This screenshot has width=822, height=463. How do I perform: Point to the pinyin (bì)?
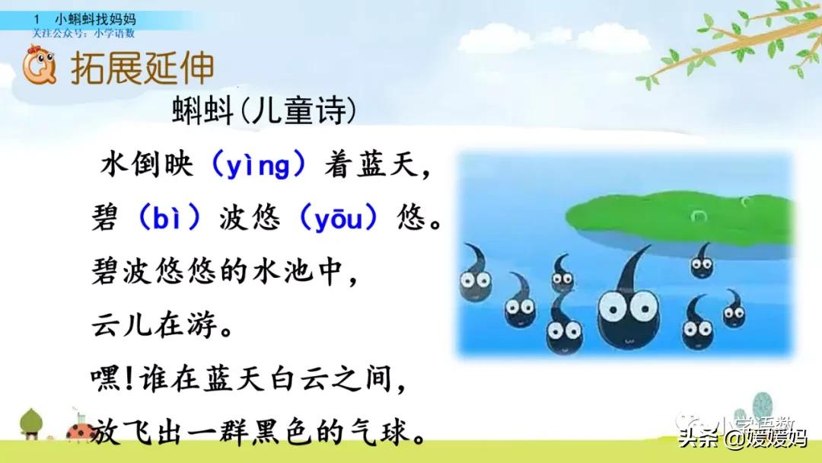click(170, 219)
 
